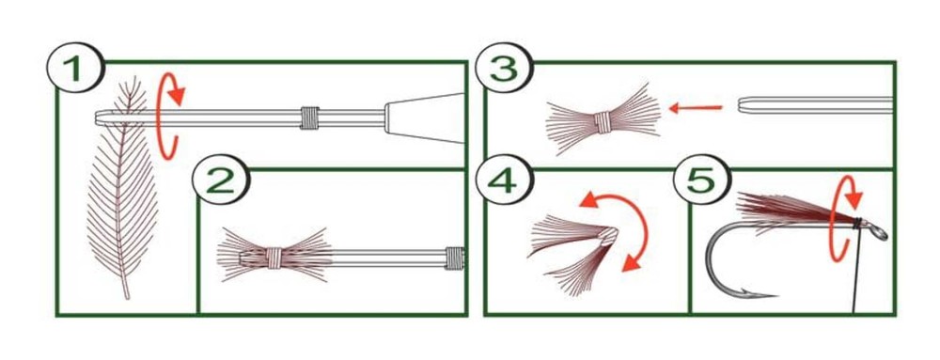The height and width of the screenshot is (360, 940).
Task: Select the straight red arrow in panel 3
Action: click(696, 108)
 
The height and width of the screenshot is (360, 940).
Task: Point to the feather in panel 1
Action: click(123, 192)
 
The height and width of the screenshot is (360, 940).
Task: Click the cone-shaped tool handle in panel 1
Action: click(425, 118)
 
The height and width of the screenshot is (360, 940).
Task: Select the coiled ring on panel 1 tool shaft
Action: click(309, 118)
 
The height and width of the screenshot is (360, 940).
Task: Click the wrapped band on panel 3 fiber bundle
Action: click(603, 121)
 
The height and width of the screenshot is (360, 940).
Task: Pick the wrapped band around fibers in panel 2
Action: click(274, 258)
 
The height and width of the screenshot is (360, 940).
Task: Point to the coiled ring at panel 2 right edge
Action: click(455, 258)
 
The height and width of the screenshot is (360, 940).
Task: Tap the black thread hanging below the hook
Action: click(856, 270)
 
